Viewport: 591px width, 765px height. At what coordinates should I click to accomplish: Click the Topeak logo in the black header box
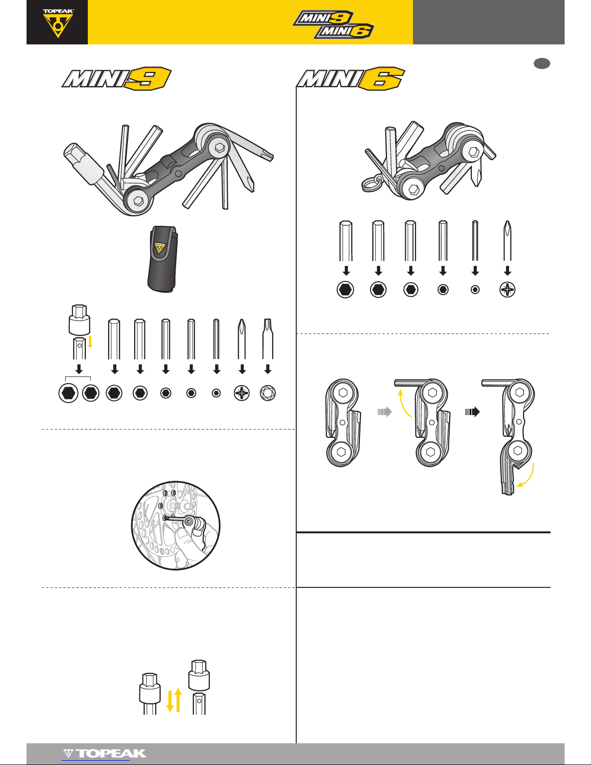(x=58, y=23)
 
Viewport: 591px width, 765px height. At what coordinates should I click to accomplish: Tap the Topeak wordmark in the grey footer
(x=105, y=754)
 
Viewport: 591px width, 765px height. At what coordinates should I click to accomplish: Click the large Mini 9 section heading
(x=116, y=78)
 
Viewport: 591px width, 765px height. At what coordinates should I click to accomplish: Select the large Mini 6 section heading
(x=350, y=78)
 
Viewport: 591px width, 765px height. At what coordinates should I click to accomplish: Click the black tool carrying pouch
(x=163, y=259)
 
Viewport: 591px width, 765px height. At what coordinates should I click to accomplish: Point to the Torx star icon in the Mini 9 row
(x=268, y=393)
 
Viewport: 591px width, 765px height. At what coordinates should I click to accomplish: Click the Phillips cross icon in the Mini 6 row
(x=507, y=290)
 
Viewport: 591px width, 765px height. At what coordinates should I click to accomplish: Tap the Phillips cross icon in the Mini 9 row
(x=242, y=393)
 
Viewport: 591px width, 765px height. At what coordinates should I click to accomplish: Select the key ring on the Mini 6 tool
(x=371, y=183)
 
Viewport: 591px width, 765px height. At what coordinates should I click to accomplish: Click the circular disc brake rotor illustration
(x=176, y=526)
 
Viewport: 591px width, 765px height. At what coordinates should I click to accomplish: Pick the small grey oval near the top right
(x=542, y=63)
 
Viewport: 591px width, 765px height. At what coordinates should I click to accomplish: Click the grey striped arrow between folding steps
(x=385, y=412)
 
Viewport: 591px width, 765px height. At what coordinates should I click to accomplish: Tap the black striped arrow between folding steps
(x=472, y=412)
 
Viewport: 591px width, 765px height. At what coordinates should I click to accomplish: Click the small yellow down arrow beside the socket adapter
(x=90, y=342)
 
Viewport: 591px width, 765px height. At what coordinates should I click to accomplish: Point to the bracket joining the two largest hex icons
(x=78, y=378)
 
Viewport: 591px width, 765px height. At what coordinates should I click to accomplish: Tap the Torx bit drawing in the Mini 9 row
(x=268, y=339)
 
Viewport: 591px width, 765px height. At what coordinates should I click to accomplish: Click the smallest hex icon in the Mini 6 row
(x=475, y=290)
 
